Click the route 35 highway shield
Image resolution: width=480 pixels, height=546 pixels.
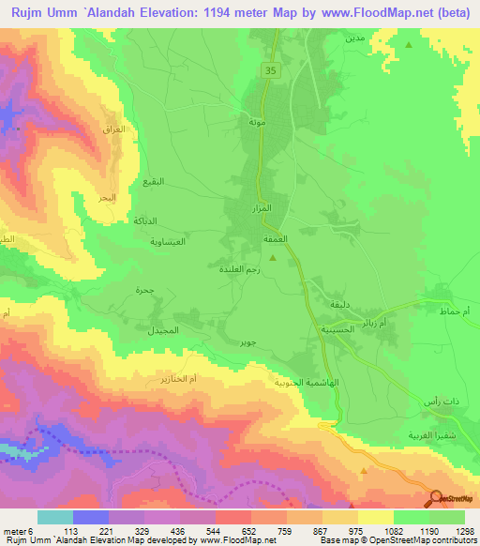pyautogui.click(x=270, y=70)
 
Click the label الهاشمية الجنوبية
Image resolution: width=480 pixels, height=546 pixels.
pyautogui.click(x=272, y=384)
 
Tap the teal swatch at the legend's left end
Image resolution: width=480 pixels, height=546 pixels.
pyautogui.click(x=54, y=517)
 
